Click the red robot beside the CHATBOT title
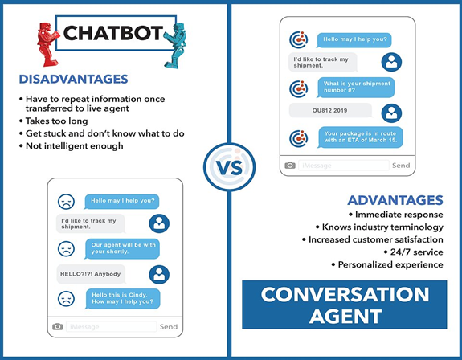tap(47, 44)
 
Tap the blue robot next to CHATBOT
tap(175, 46)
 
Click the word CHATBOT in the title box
tap(112, 33)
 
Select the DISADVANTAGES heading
tap(73, 79)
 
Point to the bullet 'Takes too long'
tap(54, 121)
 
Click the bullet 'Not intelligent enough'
tap(72, 145)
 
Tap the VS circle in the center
tap(229, 167)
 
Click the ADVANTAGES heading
tap(395, 200)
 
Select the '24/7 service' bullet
tap(413, 252)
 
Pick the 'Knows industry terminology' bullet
tap(379, 227)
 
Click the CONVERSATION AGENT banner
tap(345, 305)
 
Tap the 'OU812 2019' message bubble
tap(330, 110)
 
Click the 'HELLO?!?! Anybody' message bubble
tap(91, 274)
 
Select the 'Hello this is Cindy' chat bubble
tap(123, 298)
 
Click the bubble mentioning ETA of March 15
tap(360, 137)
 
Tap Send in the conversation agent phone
tap(401, 166)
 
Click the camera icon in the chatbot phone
tap(58, 327)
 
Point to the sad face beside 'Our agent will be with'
tap(66, 248)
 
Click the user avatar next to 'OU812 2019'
tap(391, 113)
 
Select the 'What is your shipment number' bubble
tap(356, 88)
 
